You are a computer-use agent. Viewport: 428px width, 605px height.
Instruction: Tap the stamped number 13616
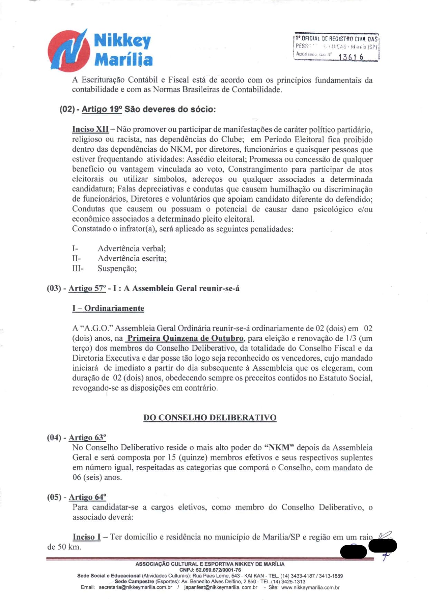click(351, 57)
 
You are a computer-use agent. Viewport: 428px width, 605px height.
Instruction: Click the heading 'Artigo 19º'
click(102, 109)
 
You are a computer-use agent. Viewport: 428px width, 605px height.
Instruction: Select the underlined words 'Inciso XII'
click(90, 129)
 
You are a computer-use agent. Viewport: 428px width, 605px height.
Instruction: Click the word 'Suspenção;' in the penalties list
click(117, 269)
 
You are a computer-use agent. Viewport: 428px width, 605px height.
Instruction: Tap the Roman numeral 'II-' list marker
click(76, 258)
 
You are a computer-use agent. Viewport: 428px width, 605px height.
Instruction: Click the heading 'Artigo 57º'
click(87, 289)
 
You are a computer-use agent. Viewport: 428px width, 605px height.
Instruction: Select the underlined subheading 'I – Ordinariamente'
click(108, 308)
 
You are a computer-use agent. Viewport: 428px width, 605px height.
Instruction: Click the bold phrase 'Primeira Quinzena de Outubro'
click(185, 338)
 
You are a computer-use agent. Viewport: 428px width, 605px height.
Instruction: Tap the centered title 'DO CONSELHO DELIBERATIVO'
click(210, 418)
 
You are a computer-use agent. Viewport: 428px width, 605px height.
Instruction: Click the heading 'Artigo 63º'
click(87, 438)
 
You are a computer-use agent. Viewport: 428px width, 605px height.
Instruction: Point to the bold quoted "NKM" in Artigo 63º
click(279, 448)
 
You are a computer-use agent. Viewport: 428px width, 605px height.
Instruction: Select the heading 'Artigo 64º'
click(87, 497)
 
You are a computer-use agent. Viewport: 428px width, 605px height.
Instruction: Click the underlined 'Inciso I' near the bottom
click(87, 537)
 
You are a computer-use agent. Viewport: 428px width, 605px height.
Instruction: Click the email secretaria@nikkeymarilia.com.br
click(135, 587)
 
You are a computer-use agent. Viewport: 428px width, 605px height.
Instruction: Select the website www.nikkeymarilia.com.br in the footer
click(310, 587)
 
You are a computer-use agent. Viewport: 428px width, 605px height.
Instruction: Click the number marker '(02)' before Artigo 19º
click(67, 109)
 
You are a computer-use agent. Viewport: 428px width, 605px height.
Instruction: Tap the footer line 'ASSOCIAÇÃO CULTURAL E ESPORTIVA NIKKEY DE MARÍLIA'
click(210, 564)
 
